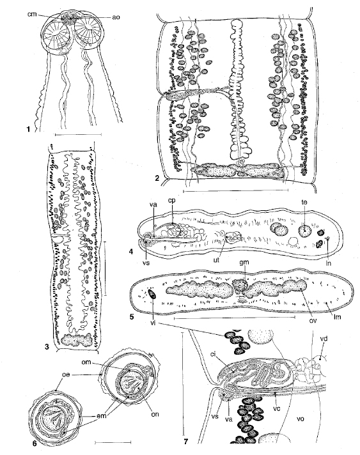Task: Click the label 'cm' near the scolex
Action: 32,13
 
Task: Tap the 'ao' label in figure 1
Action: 116,17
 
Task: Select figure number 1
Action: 28,130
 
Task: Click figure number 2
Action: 157,178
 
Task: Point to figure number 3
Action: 47,347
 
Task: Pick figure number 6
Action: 35,443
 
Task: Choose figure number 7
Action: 185,442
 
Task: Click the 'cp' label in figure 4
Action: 172,201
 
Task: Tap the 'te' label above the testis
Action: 304,202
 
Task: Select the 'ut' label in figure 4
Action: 216,260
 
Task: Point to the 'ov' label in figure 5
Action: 313,321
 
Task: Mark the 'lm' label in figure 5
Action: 338,317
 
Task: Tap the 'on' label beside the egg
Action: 155,414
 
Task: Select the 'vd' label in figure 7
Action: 324,338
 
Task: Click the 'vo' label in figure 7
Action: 301,419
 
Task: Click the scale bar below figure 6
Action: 113,442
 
